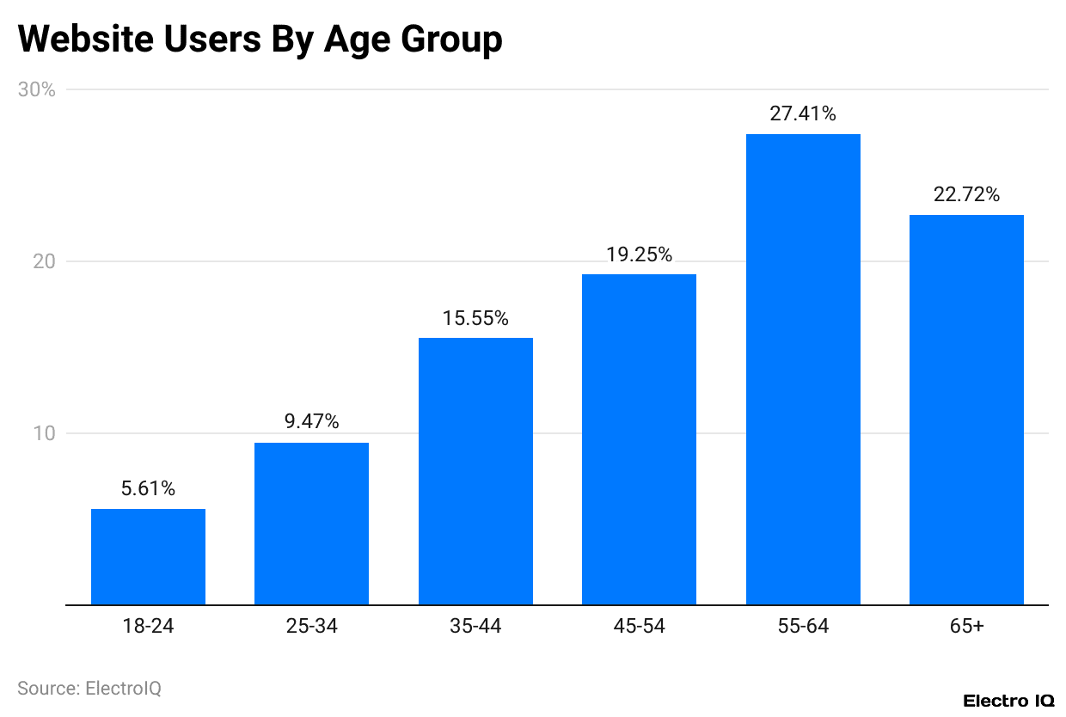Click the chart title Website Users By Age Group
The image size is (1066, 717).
[x=260, y=40]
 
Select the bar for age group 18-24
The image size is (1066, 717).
[x=148, y=556]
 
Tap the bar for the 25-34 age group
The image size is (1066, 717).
[x=311, y=524]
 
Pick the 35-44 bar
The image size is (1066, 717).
[x=475, y=471]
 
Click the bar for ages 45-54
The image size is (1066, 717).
[x=639, y=439]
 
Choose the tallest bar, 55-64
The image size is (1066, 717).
[x=803, y=370]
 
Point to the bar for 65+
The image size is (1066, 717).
[x=966, y=409]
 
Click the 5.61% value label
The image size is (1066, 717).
[x=148, y=489]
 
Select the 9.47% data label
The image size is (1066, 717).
[x=311, y=422]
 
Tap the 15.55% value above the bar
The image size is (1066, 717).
[x=475, y=318]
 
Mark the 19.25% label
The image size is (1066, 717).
[x=639, y=254]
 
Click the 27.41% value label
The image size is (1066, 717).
[x=803, y=113]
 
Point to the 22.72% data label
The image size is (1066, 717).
[x=966, y=194]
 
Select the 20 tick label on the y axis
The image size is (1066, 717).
[x=43, y=261]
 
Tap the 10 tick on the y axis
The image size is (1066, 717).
[x=43, y=433]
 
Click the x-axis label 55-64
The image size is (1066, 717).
[x=803, y=627]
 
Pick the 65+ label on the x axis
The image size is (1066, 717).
[x=966, y=627]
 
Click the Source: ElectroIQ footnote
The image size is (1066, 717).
[x=89, y=689]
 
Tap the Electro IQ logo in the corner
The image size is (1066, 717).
[x=1008, y=701]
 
